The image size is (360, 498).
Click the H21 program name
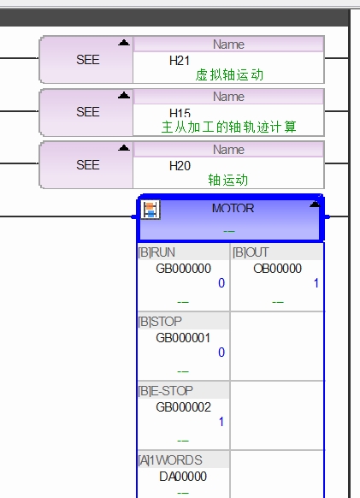(180, 61)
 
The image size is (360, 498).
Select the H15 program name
(180, 113)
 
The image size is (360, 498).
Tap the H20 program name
(180, 166)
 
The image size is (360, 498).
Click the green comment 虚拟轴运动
(229, 75)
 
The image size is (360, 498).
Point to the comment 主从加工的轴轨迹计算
(228, 127)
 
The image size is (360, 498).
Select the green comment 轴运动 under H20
(228, 180)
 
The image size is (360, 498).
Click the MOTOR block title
(233, 208)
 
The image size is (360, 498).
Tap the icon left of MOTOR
(150, 210)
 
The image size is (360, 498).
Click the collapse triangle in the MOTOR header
(315, 204)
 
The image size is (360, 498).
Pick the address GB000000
(184, 269)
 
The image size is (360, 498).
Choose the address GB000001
(183, 338)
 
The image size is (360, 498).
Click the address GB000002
(184, 407)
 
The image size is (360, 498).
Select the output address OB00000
(277, 269)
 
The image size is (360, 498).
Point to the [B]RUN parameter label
(156, 252)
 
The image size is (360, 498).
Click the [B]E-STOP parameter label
(165, 391)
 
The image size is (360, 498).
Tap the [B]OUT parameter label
(251, 252)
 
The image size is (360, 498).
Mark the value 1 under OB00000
(316, 283)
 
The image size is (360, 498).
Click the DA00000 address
(183, 477)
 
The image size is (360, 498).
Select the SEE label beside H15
(88, 112)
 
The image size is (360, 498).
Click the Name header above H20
(228, 150)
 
